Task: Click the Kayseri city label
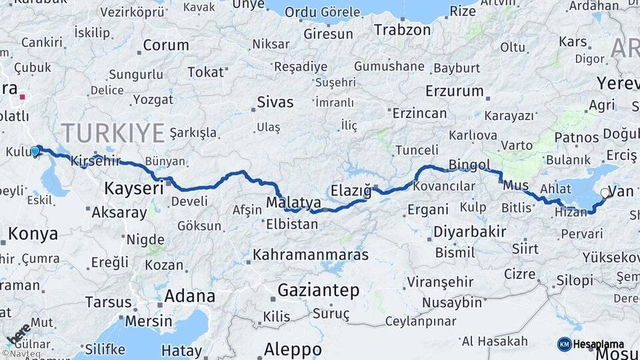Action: [x=133, y=189]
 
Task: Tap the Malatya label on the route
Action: [x=293, y=201]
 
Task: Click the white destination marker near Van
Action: [x=605, y=193]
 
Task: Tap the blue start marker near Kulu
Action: [x=35, y=151]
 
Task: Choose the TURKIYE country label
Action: [x=113, y=133]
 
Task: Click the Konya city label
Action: [x=33, y=234]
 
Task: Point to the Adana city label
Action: [x=189, y=295]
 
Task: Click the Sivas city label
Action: [x=275, y=103]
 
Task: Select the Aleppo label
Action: [x=293, y=349]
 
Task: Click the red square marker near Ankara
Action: [x=22, y=97]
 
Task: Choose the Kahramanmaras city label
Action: [x=310, y=255]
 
